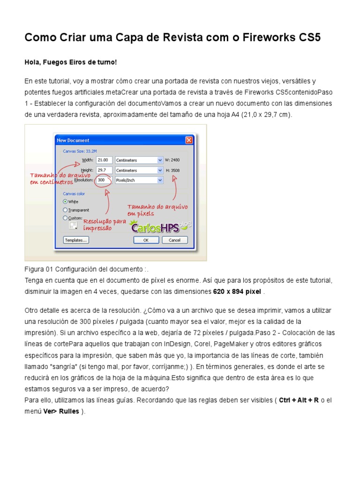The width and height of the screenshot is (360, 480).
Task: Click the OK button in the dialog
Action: (146, 240)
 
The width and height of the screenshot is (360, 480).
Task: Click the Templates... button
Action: (76, 240)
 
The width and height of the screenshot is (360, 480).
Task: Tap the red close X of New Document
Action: (189, 140)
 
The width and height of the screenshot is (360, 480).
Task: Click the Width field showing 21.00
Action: (104, 160)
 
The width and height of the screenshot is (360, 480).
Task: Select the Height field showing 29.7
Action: (104, 170)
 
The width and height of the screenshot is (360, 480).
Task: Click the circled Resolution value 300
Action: (103, 180)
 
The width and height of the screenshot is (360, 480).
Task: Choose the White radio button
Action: (65, 202)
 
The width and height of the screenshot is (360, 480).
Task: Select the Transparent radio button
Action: (65, 210)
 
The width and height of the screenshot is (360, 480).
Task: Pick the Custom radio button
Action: (65, 218)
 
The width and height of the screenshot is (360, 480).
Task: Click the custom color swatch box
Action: (73, 226)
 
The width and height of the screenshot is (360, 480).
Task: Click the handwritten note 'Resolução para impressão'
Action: (104, 225)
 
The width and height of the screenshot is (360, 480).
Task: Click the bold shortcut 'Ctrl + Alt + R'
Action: (299, 400)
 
